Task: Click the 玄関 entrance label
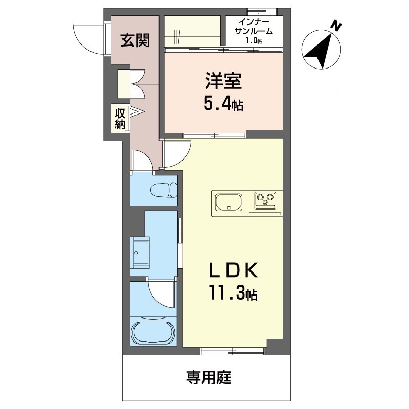[x=135, y=40]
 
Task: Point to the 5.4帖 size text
[x=223, y=105]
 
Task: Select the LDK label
[x=234, y=270]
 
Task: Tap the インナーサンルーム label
[x=254, y=27]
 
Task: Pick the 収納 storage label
[x=120, y=119]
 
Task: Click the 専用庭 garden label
[x=209, y=378]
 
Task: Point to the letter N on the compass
[x=336, y=26]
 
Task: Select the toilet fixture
[x=164, y=190]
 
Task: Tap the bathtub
[x=154, y=332]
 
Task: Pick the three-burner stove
[x=265, y=200]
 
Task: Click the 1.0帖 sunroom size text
[x=254, y=40]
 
